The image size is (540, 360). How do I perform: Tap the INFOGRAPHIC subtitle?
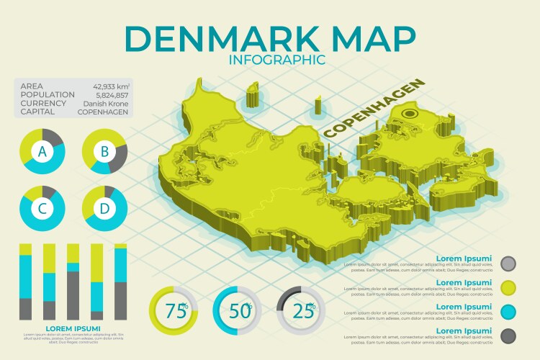pos(276,60)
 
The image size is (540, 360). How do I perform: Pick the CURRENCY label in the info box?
pos(43,103)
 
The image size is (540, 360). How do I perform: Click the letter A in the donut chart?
pos(42,151)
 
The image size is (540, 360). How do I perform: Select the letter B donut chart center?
pos(104,151)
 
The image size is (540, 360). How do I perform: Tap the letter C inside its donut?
pos(42,209)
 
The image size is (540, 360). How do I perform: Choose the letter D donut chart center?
pos(104,209)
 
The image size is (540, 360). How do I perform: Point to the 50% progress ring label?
pos(240,311)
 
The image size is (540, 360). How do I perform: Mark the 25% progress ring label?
pos(303,311)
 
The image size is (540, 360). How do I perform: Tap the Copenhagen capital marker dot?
pos(411,113)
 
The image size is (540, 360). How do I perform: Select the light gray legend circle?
pos(508,264)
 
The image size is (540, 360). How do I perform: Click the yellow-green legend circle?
pos(508,288)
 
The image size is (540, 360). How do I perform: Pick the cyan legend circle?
pos(508,312)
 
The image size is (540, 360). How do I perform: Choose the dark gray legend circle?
pos(508,336)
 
